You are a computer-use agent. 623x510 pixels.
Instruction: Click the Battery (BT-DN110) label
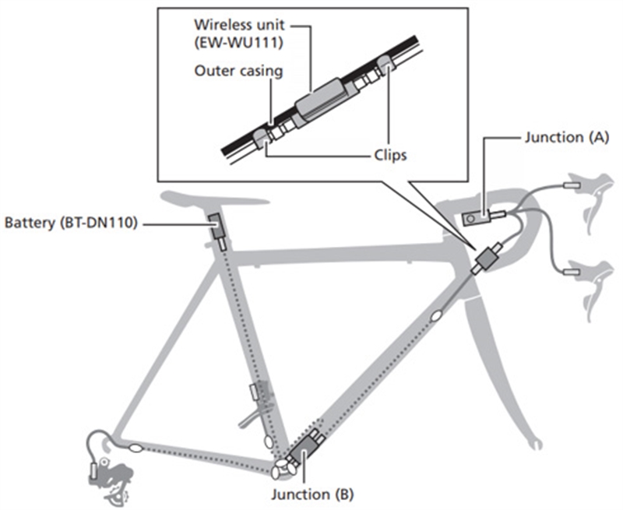71,223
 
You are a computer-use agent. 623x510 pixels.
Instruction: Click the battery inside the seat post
217,227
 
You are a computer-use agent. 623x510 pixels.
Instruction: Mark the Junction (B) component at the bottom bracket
304,450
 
